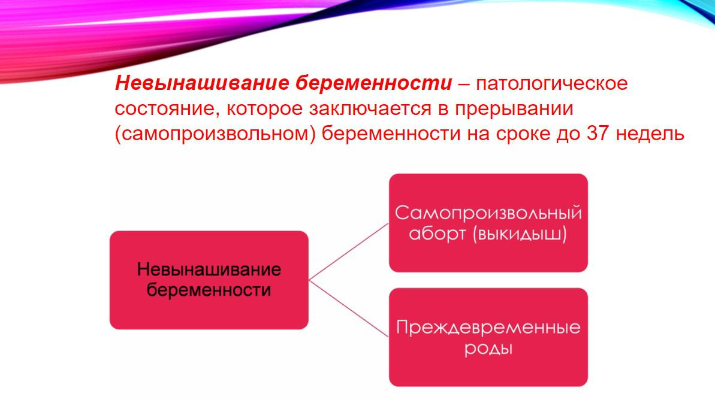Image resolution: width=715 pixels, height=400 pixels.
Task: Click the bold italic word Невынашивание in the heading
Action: point(202,83)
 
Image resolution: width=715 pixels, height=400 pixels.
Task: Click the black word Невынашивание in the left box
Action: point(209,269)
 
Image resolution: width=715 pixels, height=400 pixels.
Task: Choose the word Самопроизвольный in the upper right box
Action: point(488,213)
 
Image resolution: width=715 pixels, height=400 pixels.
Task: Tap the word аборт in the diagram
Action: point(438,234)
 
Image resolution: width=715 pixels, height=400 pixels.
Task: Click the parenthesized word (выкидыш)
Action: point(520,234)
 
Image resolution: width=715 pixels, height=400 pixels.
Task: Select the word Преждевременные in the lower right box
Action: point(488,328)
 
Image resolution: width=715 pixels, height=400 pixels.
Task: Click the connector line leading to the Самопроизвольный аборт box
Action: point(349,251)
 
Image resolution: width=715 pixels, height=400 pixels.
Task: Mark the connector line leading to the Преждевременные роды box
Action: point(349,308)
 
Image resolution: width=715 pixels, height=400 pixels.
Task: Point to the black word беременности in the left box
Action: point(209,290)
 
